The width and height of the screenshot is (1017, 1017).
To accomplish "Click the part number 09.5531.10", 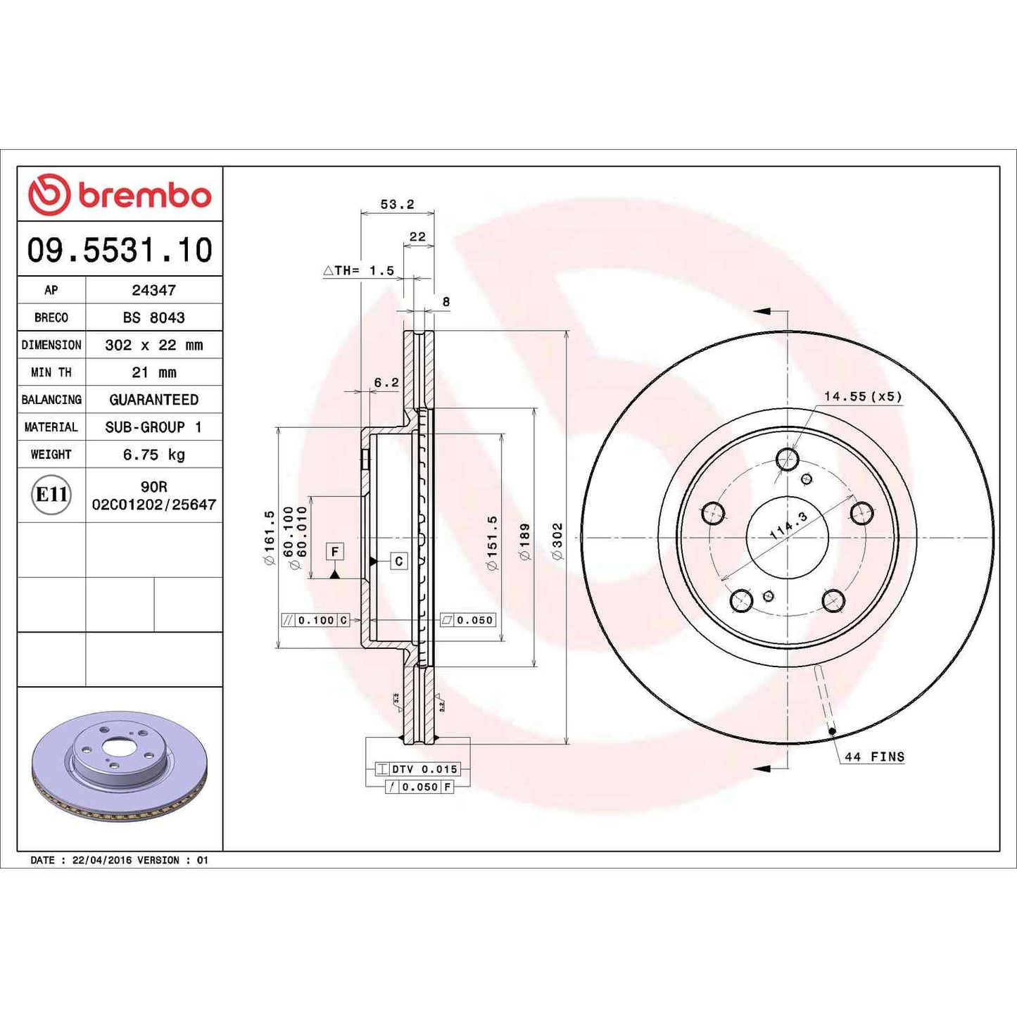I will coord(120,251).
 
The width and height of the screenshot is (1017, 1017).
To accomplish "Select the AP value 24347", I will coord(153,290).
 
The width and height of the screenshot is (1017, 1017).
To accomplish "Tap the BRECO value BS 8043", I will coord(153,317).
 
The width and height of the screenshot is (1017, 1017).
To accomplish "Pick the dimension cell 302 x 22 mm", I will coord(153,345).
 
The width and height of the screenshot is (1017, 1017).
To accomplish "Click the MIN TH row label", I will coord(51,372).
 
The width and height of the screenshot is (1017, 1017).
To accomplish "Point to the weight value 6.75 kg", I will coord(153,455).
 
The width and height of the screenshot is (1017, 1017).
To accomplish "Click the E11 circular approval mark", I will coord(51,495).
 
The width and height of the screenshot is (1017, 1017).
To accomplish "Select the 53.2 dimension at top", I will coord(397,204).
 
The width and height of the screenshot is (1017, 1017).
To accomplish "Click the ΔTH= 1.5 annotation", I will coord(359,270).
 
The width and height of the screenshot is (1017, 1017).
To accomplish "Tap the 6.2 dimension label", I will coord(386,382).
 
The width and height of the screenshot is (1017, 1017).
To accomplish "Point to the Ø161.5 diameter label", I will coord(269,538).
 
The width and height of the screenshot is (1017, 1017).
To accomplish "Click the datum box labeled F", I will coord(335,552).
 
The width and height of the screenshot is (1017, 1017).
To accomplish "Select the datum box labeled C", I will coord(398,561).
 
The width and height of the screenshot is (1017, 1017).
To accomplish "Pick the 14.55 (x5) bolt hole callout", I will coord(863,396).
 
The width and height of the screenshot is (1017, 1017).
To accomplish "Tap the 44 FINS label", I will coord(874,757).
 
